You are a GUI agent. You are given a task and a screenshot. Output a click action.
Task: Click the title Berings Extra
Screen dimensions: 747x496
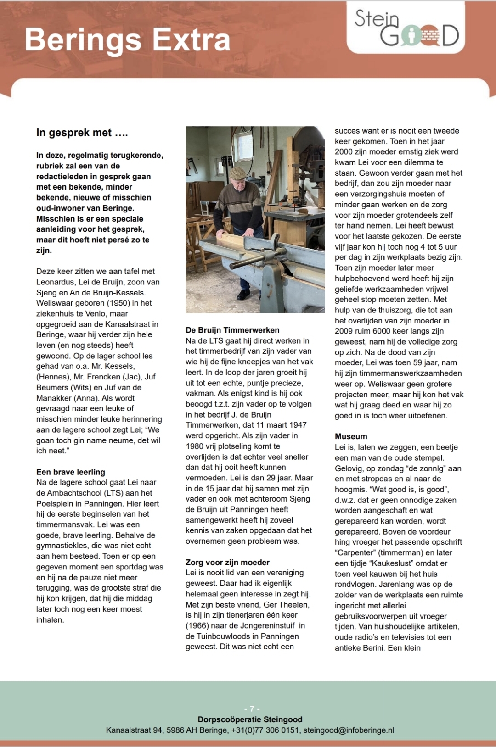coord(127,40)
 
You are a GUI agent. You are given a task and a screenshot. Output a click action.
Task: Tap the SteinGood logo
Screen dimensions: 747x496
coord(406,28)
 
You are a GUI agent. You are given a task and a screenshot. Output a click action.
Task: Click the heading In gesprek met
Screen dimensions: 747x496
coord(82,133)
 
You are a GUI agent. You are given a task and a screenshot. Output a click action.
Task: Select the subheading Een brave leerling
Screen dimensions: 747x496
coord(71,472)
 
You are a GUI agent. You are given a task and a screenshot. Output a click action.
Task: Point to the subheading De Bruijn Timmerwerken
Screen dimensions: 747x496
coord(232,330)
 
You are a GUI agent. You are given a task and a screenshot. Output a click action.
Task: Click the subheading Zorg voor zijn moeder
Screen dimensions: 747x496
coord(227,562)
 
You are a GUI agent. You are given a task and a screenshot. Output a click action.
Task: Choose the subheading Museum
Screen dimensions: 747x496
coord(351,436)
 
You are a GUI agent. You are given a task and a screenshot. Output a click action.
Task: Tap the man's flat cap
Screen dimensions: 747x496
coord(237,173)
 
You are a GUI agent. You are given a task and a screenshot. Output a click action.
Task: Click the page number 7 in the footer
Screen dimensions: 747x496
coord(252,708)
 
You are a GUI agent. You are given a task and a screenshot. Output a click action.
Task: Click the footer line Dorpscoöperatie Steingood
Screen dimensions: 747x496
coord(250,719)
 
